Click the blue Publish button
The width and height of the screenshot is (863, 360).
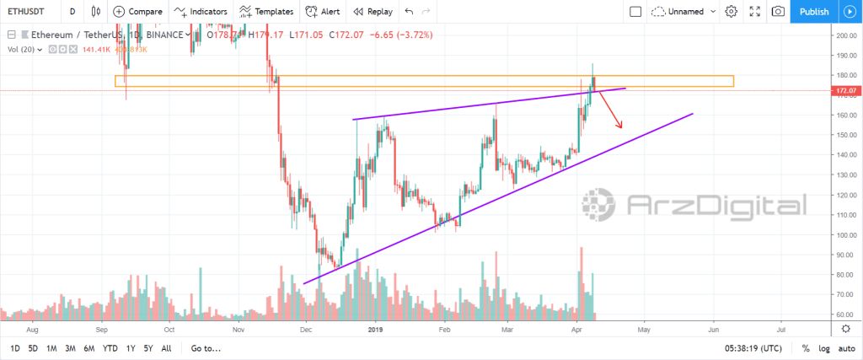813,12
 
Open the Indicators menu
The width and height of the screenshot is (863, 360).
201,12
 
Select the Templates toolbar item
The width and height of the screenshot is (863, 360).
265,12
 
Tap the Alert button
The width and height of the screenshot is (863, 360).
323,12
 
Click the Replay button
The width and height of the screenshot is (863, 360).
373,12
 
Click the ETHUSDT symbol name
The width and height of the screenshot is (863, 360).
26,12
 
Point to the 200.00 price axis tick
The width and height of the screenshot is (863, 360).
844,35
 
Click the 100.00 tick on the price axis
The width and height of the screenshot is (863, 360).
844,234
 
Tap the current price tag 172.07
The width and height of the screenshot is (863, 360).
845,90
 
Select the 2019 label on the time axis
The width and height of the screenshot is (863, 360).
376,330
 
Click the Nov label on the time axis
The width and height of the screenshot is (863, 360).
238,330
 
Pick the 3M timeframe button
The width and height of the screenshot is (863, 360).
71,348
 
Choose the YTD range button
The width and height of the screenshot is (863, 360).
110,348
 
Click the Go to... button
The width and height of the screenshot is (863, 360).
206,348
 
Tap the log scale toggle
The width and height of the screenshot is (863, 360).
824,348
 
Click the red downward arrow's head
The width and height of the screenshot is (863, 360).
620,126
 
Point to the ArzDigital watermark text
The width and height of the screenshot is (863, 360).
717,205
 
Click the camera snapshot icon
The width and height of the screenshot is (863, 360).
778,12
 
